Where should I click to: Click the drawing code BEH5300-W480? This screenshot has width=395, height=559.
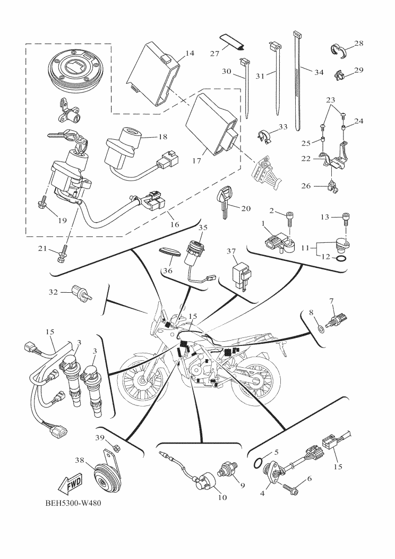point(73,503)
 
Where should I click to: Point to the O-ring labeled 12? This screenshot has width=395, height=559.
point(340,258)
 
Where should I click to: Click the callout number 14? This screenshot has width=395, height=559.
point(190,53)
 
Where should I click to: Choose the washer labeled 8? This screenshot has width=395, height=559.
point(320,327)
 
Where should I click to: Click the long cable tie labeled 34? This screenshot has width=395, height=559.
point(298,80)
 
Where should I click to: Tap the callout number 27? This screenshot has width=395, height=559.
point(214,54)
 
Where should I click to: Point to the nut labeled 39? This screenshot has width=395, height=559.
point(116,446)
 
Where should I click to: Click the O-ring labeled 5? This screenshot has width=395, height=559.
point(259,463)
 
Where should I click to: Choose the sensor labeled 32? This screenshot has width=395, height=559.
point(82,293)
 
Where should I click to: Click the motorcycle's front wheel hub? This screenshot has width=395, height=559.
point(142,381)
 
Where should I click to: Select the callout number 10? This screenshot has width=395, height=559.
point(222,497)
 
